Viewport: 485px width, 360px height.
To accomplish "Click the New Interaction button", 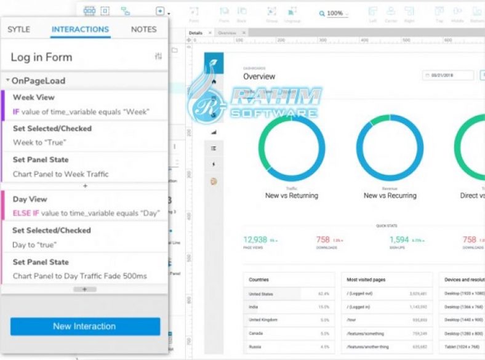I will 85,326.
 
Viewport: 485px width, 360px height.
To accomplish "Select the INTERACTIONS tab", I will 80,30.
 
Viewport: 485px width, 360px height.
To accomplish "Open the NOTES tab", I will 143,30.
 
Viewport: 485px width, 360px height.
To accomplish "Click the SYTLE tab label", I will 18,30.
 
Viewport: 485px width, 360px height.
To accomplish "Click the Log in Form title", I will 41,57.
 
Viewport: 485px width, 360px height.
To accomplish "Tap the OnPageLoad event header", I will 38,81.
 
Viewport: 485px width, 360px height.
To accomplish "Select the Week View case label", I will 33,97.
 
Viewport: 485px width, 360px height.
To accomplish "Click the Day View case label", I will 30,199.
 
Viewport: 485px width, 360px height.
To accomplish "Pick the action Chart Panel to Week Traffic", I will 60,174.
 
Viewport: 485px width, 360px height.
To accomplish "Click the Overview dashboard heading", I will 259,77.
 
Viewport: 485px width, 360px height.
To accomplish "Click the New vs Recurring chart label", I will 390,196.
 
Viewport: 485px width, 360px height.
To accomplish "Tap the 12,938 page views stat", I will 255,239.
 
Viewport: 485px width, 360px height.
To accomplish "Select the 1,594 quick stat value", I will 399,239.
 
